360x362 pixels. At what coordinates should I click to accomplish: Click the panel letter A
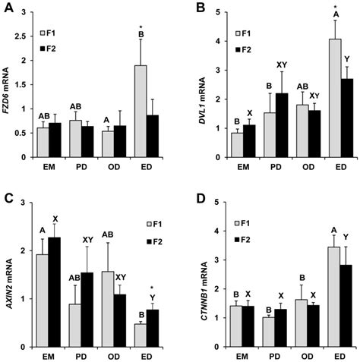[10, 9]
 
